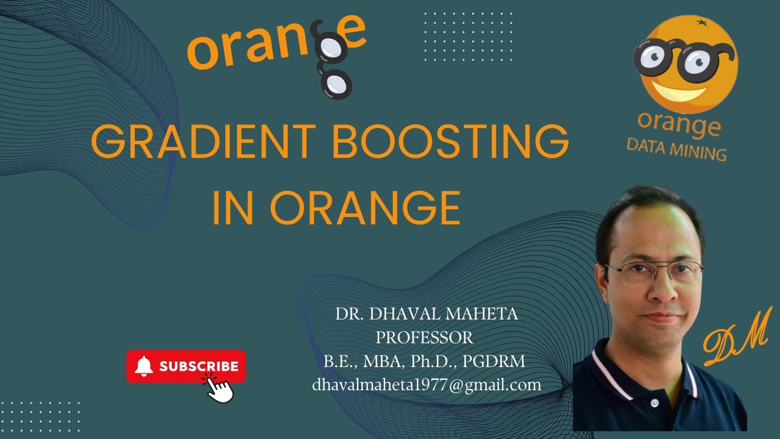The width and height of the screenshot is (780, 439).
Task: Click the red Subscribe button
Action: pos(186,366)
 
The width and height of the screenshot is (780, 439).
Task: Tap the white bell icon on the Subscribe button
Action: pos(144,366)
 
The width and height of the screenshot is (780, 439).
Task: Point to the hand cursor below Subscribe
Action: pos(219,388)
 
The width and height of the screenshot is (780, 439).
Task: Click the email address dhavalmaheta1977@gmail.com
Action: pos(427,385)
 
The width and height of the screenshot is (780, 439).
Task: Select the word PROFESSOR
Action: pos(424,337)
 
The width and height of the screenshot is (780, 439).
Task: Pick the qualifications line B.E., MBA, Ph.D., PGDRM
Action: pos(425,361)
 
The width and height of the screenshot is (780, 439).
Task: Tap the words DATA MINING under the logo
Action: pos(676,149)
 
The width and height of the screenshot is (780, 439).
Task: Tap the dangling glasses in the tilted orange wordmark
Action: pos(332,67)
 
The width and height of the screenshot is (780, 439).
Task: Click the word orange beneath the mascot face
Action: pos(679,124)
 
